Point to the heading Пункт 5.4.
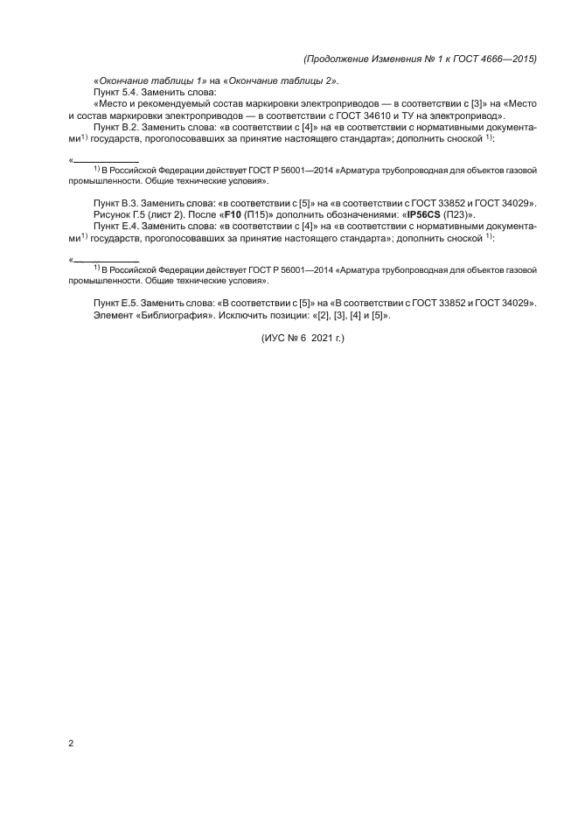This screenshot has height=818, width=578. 118,92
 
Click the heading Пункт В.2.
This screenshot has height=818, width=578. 118,126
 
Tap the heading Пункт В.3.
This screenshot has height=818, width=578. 118,203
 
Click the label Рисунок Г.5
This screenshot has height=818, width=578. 122,214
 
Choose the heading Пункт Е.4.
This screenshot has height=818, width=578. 118,226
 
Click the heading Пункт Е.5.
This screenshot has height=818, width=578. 118,303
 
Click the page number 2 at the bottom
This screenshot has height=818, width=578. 71,744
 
